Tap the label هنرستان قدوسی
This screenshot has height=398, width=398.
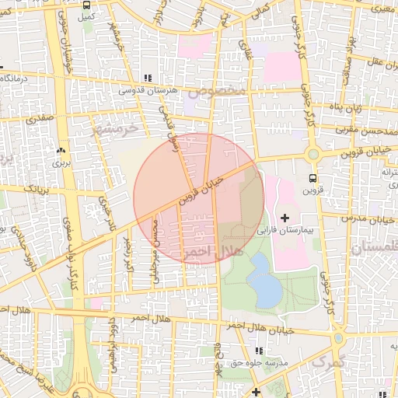[x=148, y=91]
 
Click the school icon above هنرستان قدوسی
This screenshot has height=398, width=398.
[x=148, y=79]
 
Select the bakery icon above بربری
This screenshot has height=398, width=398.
[x=61, y=151]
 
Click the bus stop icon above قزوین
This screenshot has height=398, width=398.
[x=313, y=176]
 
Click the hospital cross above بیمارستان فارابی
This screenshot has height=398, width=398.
[x=284, y=217]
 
